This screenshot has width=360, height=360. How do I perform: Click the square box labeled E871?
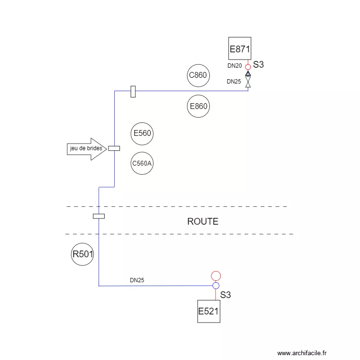point(240,49)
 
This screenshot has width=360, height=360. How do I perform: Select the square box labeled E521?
point(209,312)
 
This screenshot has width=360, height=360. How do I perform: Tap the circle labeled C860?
point(198,75)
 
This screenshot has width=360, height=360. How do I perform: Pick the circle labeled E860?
point(198,106)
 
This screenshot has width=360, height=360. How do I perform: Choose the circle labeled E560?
point(143,133)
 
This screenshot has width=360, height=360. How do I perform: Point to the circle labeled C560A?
point(142,164)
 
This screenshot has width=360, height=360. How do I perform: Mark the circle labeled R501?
point(83,255)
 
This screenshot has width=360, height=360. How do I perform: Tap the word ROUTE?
point(203,222)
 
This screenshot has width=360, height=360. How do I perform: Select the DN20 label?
point(235,66)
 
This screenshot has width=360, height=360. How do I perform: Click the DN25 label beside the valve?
point(234,82)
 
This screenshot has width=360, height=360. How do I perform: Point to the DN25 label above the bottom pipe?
point(137,280)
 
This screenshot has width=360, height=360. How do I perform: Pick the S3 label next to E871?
point(258,65)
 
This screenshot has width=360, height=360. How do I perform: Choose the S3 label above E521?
point(226,295)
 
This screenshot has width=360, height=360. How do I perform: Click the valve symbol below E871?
point(248,79)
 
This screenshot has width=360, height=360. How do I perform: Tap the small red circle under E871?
point(248,67)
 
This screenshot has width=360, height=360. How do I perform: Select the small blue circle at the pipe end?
point(216,286)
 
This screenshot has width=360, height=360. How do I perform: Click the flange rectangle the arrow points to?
point(114,148)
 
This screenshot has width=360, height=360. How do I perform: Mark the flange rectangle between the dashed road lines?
point(98,216)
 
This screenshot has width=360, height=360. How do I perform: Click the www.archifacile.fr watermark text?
point(302,353)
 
